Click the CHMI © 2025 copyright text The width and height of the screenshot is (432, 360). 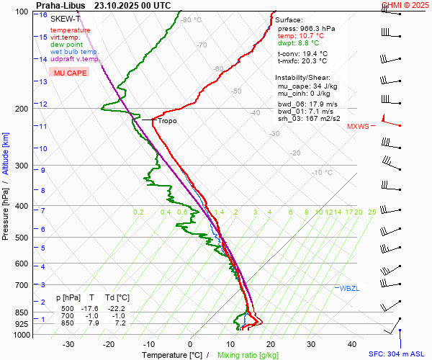click(x=405, y=5)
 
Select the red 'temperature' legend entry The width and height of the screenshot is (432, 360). click(x=70, y=30)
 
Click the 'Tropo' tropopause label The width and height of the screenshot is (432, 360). click(x=167, y=121)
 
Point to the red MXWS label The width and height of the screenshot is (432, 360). click(x=358, y=127)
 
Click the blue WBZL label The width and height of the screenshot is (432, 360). click(x=349, y=288)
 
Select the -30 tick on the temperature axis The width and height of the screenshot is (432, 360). click(x=68, y=344)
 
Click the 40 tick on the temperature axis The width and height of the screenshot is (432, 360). click(x=352, y=344)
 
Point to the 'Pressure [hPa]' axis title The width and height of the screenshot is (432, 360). click(x=6, y=209)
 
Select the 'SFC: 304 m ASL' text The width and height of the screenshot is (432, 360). click(x=397, y=354)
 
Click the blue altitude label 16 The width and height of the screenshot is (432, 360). click(x=44, y=15)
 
